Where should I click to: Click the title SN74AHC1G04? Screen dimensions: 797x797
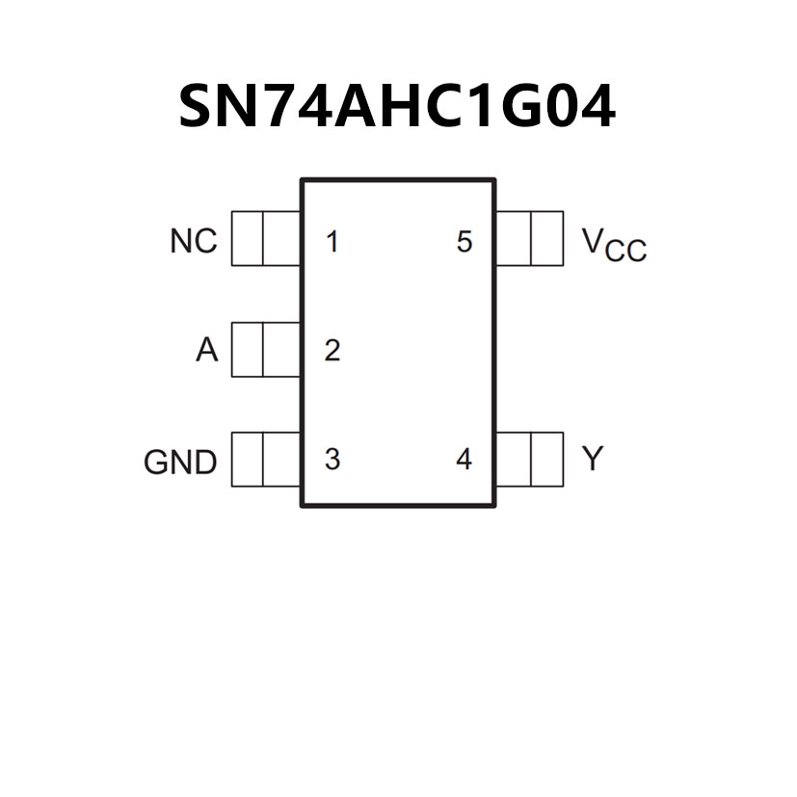click(397, 106)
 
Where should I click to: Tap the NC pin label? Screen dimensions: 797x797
click(194, 241)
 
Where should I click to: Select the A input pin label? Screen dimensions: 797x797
click(207, 351)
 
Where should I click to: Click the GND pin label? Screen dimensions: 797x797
click(180, 463)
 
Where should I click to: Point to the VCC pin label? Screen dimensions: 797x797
click(614, 244)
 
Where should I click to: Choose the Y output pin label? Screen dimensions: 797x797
click(592, 459)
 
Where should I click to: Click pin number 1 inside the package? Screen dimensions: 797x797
click(332, 242)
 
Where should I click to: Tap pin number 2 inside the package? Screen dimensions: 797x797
click(332, 351)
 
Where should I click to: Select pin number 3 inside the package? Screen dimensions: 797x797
click(332, 460)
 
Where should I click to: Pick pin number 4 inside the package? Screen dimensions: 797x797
click(465, 460)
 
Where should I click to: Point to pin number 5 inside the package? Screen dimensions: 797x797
click(465, 242)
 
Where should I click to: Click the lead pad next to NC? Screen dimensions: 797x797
click(266, 239)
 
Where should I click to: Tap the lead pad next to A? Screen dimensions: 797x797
click(266, 349)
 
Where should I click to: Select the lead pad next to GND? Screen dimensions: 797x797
click(266, 460)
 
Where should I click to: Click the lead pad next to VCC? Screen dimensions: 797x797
click(529, 239)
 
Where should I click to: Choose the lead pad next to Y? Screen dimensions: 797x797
click(529, 460)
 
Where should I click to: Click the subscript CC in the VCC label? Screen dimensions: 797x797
click(628, 252)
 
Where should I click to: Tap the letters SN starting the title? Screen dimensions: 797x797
click(213, 106)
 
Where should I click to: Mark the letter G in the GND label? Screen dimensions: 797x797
click(156, 463)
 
